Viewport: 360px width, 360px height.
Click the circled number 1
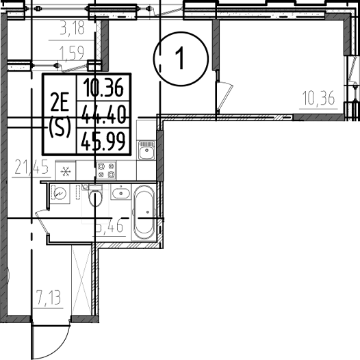click(x=179, y=59)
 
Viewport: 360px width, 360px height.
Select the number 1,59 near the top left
click(x=70, y=51)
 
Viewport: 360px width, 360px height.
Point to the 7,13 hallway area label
click(x=50, y=298)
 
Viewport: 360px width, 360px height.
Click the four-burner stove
click(x=105, y=170)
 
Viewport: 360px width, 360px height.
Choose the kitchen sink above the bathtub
click(x=146, y=151)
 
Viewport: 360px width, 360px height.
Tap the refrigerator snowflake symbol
click(x=66, y=171)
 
